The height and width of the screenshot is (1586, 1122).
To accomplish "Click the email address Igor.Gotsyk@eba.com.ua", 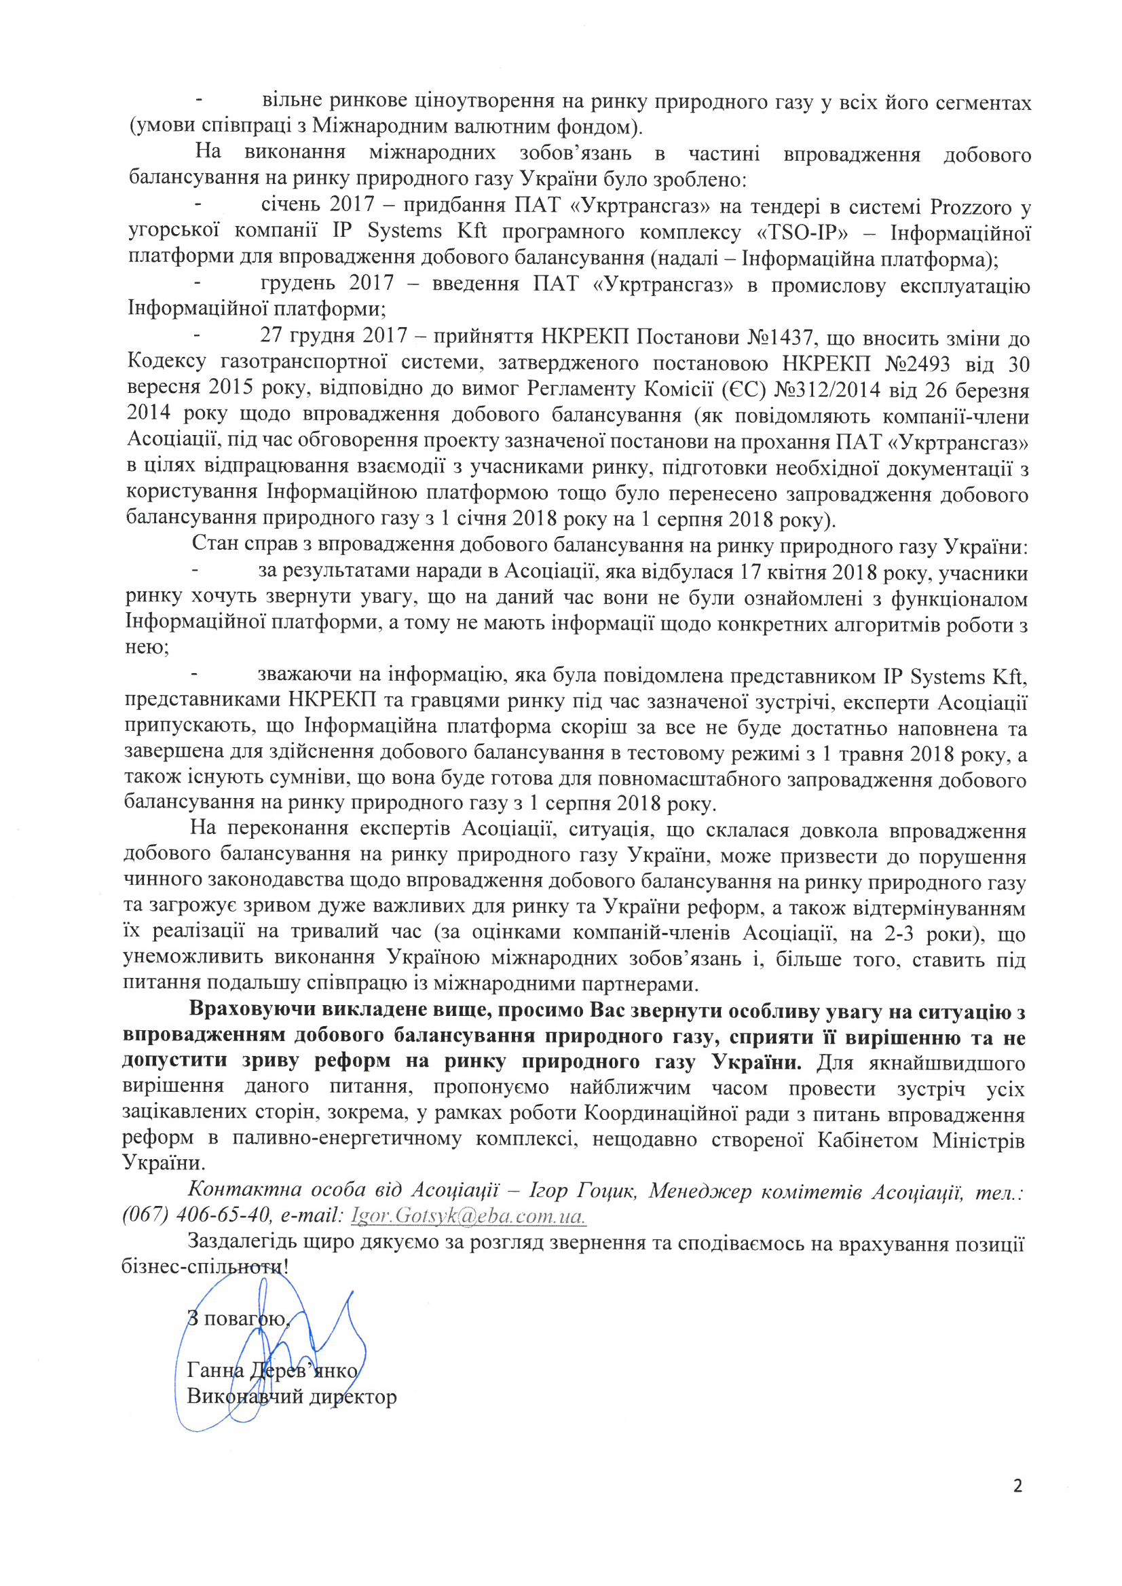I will point(468,1215).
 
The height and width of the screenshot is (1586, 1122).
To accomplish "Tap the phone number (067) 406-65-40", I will point(198,1214).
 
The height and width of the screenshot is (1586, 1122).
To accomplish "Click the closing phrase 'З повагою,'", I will point(239,1318).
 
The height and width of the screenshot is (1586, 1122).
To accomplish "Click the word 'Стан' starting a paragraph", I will point(214,544).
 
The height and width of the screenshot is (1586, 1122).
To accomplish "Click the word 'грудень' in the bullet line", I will point(298,283).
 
